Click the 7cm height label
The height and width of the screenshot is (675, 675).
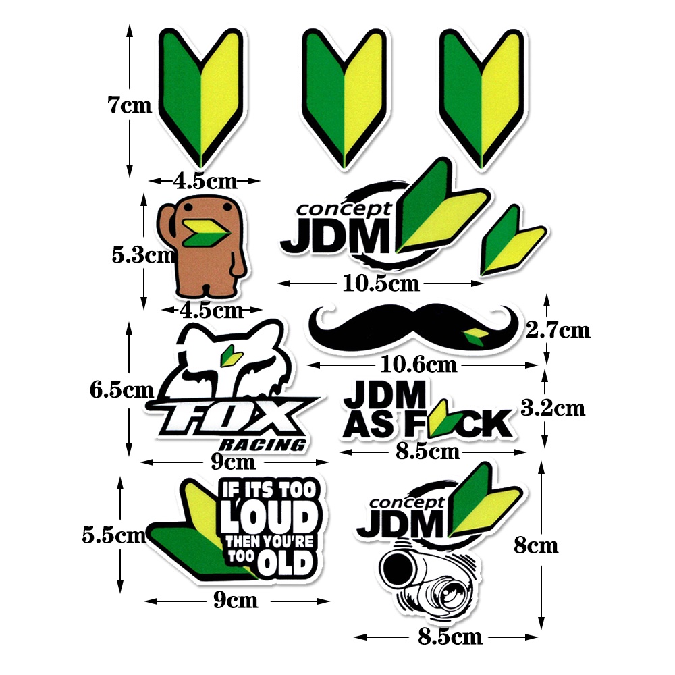coord(130,106)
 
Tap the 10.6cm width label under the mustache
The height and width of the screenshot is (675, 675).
coord(418,365)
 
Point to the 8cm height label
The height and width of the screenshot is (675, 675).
coord(536,545)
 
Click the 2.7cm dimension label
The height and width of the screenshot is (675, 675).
coord(558,330)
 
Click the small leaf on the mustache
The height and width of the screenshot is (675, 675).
coord(475,335)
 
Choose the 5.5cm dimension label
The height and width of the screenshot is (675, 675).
coord(113,535)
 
